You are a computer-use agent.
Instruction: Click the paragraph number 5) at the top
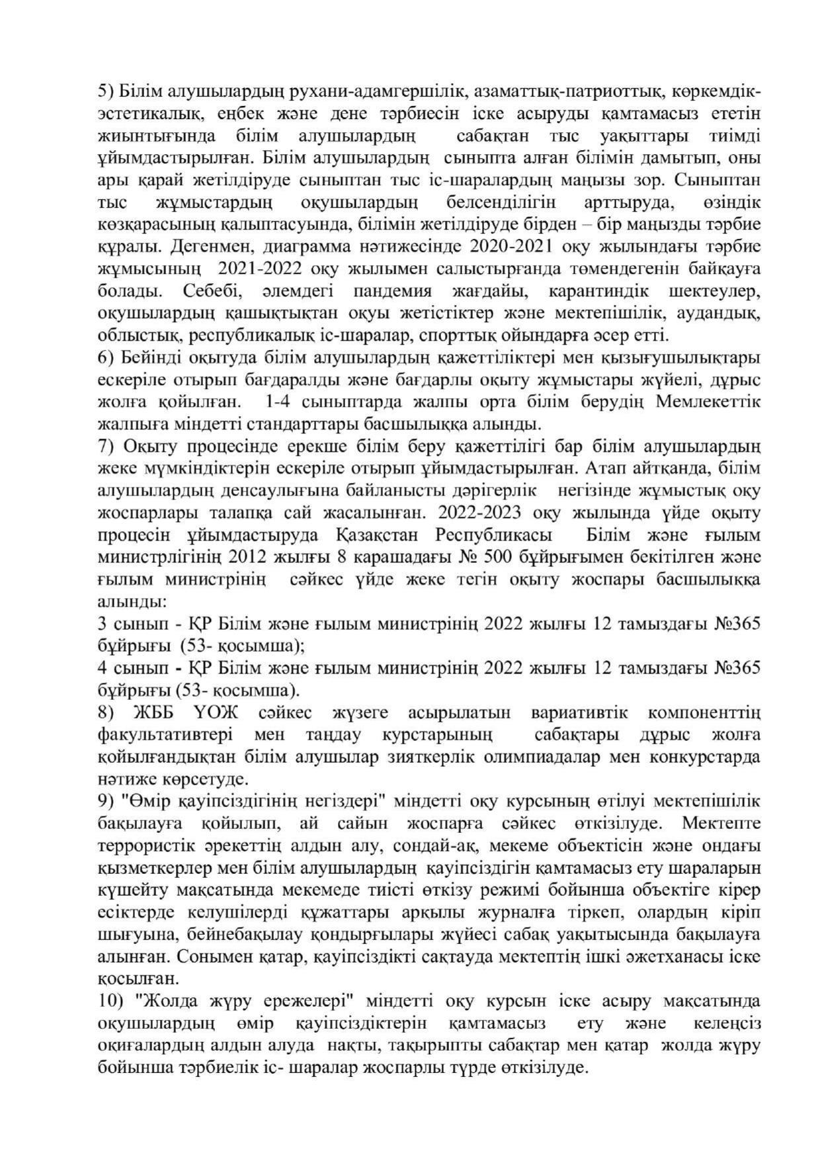pos(106,91)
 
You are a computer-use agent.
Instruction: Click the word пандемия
pos(392,290)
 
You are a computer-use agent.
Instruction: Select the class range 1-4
pos(277,402)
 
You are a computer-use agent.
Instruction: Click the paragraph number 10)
pos(110,1002)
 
